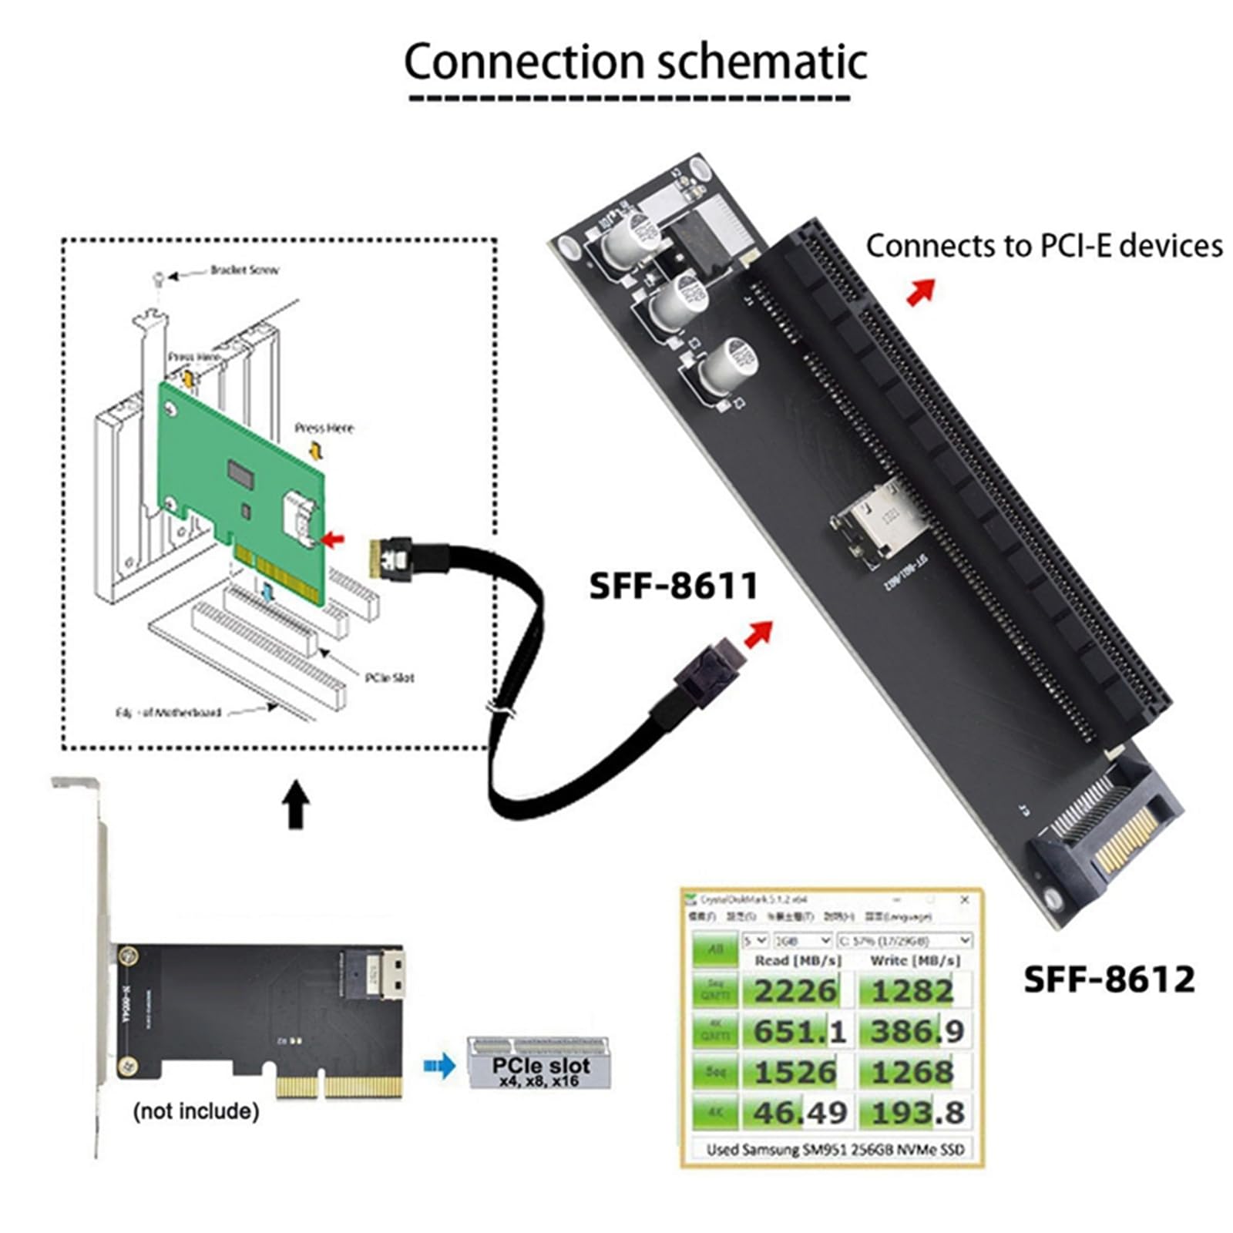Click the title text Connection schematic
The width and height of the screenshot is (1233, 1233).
click(635, 62)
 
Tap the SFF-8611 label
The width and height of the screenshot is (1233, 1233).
click(674, 586)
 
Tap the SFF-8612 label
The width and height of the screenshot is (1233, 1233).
click(1108, 979)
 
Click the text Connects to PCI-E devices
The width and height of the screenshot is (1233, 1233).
click(1043, 246)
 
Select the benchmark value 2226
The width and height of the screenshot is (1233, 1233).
click(795, 990)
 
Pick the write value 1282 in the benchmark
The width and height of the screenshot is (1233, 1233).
click(912, 990)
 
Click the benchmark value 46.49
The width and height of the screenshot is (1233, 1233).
click(799, 1113)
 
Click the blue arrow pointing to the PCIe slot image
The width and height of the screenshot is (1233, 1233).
click(439, 1067)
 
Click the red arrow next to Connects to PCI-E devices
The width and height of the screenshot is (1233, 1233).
click(921, 292)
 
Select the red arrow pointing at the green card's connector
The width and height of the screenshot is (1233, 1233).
click(333, 539)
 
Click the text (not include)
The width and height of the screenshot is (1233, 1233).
click(196, 1111)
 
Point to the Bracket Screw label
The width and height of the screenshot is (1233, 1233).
click(244, 270)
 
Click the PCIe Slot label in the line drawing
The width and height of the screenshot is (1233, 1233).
click(389, 677)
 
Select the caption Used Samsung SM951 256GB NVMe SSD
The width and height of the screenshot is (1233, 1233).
click(835, 1150)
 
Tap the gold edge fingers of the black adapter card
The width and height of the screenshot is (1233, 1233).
click(339, 1087)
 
